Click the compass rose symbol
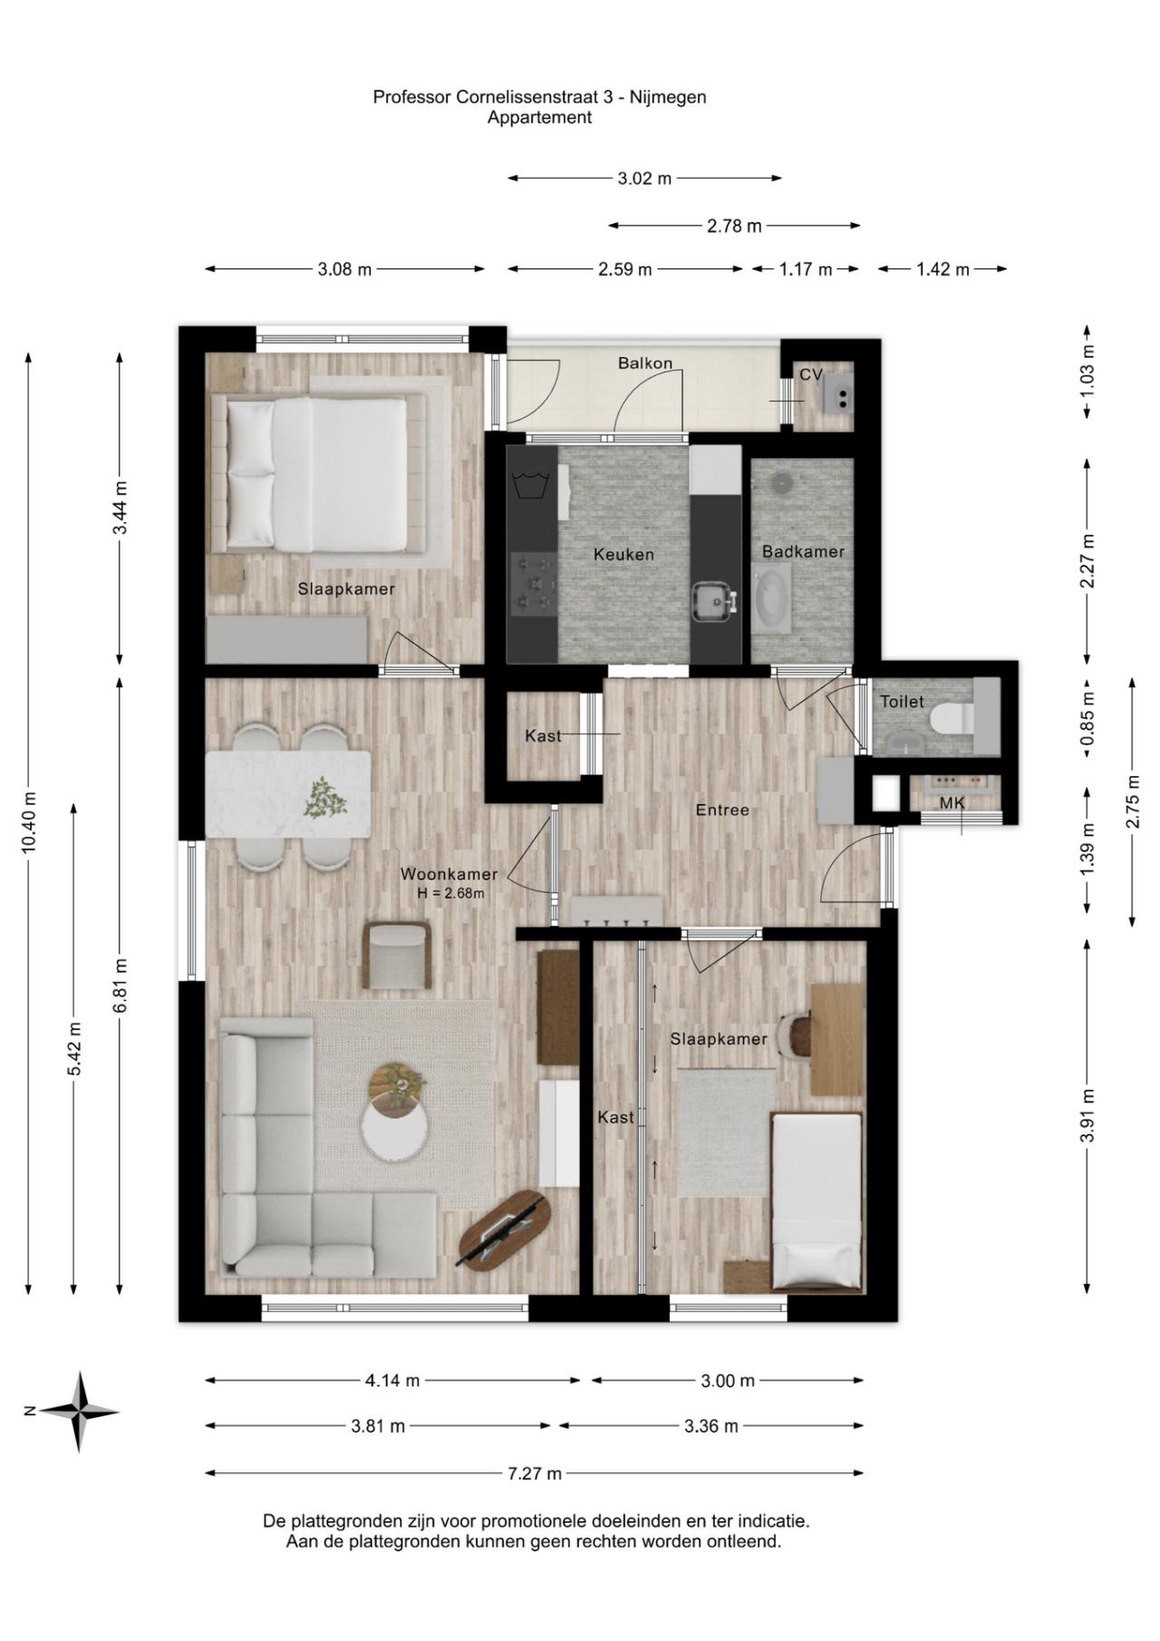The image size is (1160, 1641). pos(80,1411)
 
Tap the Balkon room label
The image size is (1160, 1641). pos(645,364)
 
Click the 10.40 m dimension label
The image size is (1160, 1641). pos(30,822)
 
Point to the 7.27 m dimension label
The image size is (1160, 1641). pos(535,1473)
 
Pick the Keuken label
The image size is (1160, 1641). pos(623,554)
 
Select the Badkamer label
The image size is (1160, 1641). pos(803,551)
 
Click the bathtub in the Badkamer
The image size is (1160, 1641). pos(771,598)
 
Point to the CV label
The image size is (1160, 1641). pos(810,374)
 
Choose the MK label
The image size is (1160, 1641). pos(952,803)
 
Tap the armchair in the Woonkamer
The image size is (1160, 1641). pos(397,955)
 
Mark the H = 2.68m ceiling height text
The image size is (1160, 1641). pos(450,893)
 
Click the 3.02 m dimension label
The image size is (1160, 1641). pos(644,179)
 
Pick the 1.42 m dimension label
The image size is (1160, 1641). pos(942,269)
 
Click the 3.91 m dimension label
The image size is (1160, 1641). pos(1088,1115)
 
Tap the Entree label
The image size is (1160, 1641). pos(722,810)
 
